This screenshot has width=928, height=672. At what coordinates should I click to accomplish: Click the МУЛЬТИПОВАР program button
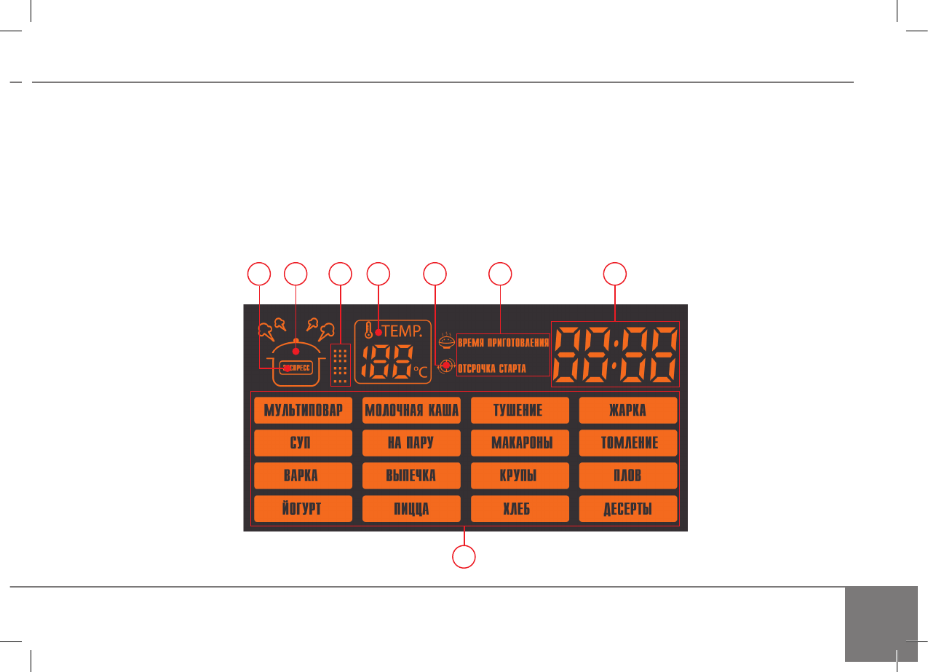[x=303, y=411]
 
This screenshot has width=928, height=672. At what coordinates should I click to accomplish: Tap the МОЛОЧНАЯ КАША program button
[x=411, y=411]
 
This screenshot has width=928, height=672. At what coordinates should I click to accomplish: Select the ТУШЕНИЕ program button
[x=519, y=411]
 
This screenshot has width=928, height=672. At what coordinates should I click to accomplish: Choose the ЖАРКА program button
[x=627, y=411]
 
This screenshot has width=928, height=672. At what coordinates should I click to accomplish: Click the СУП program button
[x=303, y=443]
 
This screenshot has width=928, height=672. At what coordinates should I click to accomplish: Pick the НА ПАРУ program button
[x=411, y=443]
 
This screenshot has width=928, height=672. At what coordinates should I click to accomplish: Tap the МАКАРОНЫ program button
[x=519, y=443]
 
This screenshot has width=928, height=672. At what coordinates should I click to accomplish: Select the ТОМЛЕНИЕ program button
[x=627, y=443]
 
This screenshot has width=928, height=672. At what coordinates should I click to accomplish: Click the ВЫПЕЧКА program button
[x=411, y=475]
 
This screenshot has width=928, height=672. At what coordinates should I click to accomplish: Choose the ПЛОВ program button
[x=627, y=475]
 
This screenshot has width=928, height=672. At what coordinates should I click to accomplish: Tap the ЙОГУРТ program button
[x=303, y=508]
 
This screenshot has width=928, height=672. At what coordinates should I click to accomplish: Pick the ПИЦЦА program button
[x=411, y=508]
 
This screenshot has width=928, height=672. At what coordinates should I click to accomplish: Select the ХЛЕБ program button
[x=519, y=508]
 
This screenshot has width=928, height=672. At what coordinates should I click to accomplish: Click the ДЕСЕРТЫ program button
[x=627, y=508]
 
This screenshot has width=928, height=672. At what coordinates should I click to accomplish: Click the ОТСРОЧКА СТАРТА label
[x=491, y=368]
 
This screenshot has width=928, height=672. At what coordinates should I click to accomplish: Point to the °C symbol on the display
[x=421, y=371]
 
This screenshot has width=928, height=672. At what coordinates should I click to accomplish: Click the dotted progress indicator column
[x=340, y=365]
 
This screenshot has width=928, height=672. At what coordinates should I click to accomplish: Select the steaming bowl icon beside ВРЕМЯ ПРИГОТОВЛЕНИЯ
[x=446, y=341]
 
